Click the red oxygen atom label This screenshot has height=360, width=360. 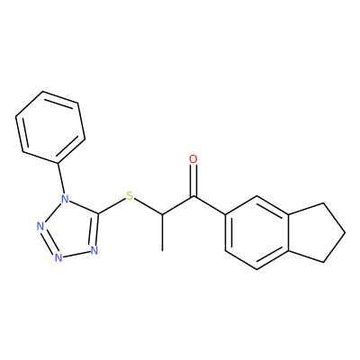pos(193,159)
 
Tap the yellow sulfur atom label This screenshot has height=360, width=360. pos(130,196)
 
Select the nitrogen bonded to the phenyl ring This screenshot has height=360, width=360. pos(65,198)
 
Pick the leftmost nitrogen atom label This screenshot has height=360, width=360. pos(40,227)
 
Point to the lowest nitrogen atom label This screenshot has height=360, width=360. pos(58,257)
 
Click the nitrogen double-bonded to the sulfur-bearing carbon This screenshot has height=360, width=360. pos(94,250)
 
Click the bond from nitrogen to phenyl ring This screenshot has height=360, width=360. pos(61,178)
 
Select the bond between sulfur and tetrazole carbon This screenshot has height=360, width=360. pos(112,206)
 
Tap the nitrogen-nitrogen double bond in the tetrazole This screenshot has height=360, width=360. pos(48,241)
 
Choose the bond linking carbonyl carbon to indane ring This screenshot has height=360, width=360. pos(210,206)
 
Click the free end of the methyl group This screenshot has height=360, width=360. pos(162,250)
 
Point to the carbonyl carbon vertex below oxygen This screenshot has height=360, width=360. pos(193,197)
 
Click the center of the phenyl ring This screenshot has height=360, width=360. pos(50,127)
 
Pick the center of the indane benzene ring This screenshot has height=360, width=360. pos(256,233)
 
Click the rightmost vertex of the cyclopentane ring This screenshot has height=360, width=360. pos(345,233)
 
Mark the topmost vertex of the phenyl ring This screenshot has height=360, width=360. pos(43,91)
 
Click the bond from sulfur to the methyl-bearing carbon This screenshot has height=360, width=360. pos(148,206)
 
